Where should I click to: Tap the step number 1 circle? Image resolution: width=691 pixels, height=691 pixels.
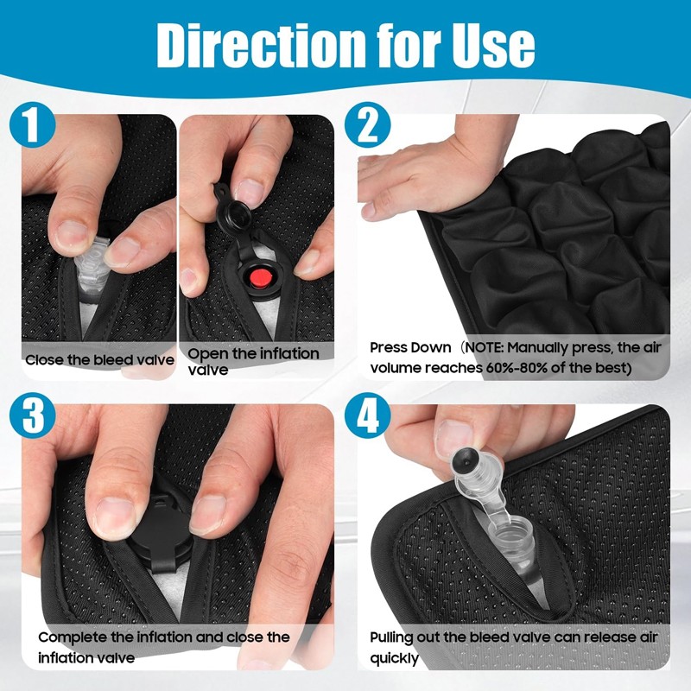[32, 124]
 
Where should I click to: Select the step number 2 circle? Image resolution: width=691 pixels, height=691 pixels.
[368, 124]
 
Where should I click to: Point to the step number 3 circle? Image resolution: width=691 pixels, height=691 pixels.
[32, 415]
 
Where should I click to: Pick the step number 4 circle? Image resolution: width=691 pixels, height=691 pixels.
[368, 415]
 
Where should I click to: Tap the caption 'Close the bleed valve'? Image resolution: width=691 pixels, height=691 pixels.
[99, 360]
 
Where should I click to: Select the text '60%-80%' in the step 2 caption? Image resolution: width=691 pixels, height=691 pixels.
[515, 368]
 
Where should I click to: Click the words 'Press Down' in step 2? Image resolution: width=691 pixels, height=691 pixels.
[410, 348]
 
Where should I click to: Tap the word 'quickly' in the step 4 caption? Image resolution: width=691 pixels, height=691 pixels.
[395, 659]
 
